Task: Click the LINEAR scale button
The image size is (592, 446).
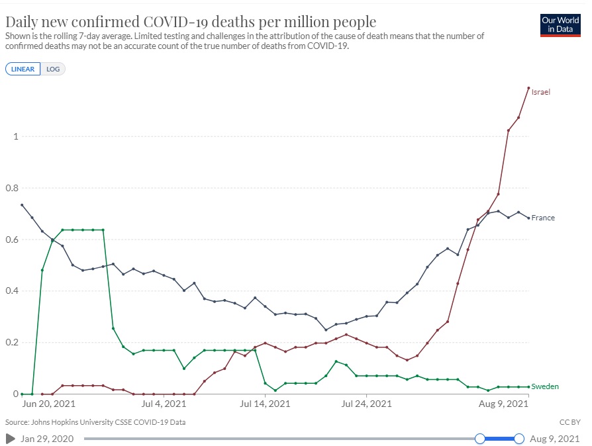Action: click(x=23, y=69)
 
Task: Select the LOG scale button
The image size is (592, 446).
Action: click(x=53, y=69)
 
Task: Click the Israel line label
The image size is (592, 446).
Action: click(x=541, y=92)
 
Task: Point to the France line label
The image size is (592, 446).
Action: click(x=543, y=218)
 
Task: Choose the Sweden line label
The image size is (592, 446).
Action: click(x=544, y=386)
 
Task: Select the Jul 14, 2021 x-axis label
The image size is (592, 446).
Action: click(x=265, y=403)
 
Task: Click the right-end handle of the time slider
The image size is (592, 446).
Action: click(x=519, y=438)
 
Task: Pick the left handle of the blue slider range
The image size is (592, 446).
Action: click(x=480, y=438)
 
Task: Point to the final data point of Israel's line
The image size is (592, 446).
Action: click(x=528, y=87)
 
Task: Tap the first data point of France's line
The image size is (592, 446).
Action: click(x=22, y=205)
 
